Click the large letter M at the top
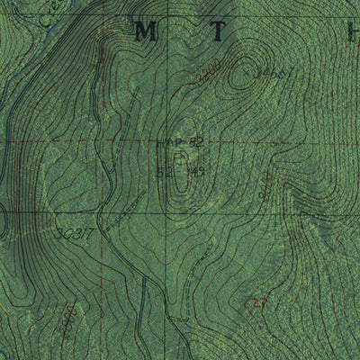point(144,31)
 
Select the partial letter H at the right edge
point(353,31)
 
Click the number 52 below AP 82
point(165,169)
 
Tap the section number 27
point(261,302)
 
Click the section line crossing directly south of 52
point(167,212)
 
